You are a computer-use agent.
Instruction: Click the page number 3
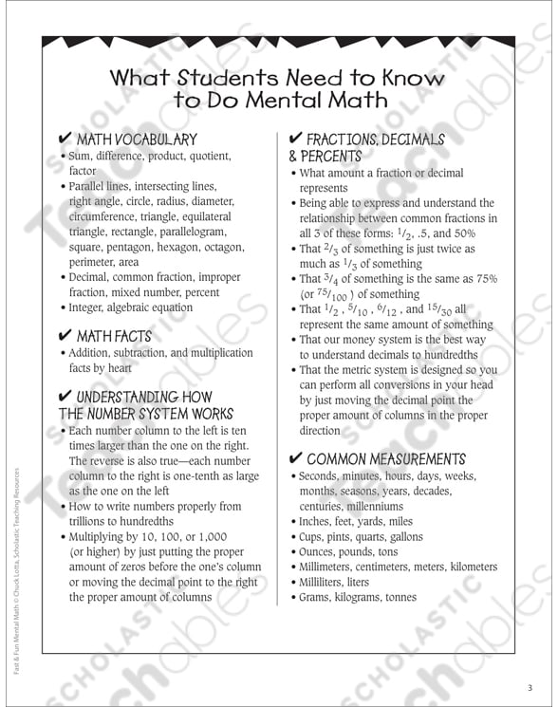click(530, 688)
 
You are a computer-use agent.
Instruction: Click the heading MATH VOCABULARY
click(137, 140)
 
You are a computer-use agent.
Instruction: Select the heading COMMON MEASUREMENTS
click(386, 458)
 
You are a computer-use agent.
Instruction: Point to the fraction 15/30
click(439, 309)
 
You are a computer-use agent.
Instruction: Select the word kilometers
click(472, 567)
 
